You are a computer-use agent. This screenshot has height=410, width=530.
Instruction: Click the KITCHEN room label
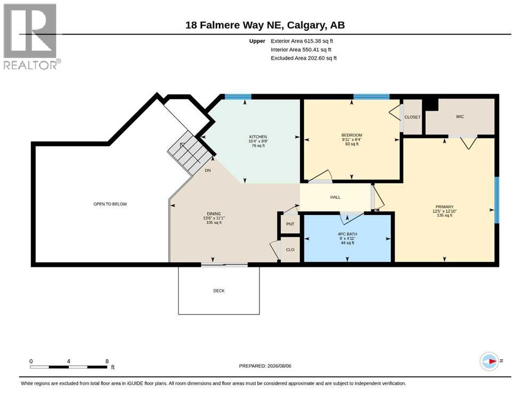[258, 137]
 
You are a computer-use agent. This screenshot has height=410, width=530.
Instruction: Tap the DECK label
[219, 291]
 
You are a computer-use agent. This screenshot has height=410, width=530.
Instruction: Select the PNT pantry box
[290, 224]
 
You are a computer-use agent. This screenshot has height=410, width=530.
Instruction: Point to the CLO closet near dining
[290, 249]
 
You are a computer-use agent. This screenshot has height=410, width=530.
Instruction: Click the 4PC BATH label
[347, 234]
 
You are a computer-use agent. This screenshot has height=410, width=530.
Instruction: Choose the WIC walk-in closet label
[460, 116]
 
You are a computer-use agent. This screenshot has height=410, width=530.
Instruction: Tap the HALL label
[335, 197]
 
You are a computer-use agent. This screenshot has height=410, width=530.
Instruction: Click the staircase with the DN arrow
[189, 153]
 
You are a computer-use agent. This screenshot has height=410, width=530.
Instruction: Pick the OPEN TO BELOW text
[110, 204]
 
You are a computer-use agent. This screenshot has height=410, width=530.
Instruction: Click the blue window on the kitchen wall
[238, 97]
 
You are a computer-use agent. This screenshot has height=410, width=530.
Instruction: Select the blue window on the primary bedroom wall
[496, 200]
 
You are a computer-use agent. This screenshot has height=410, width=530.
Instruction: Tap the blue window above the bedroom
[371, 97]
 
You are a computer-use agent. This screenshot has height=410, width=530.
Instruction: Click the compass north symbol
[489, 361]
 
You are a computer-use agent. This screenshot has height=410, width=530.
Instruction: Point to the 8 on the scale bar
[107, 361]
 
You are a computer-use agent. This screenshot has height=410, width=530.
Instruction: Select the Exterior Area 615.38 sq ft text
[302, 41]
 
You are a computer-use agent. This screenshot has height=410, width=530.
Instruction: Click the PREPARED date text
[265, 366]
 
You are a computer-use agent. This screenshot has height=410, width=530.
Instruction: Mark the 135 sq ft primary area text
[445, 215]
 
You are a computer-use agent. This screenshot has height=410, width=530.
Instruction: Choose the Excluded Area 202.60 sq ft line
[304, 58]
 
